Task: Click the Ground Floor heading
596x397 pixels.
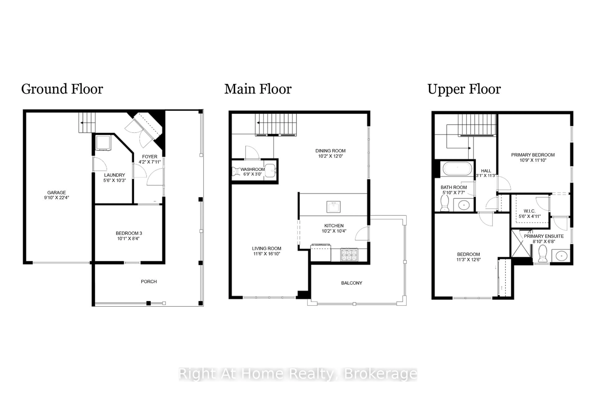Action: [x=62, y=89]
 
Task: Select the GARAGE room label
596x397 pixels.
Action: [x=56, y=192]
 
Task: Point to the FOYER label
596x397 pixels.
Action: [x=149, y=156]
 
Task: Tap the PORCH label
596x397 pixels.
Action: [x=149, y=282]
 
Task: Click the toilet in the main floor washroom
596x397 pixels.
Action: [x=236, y=171]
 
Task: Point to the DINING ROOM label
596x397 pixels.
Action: [x=330, y=151]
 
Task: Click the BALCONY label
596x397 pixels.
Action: [x=351, y=283]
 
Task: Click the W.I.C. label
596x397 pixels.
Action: [x=529, y=211]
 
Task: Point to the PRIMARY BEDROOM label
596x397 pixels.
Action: [x=533, y=155]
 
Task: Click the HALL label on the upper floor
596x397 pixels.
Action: [x=486, y=171]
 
